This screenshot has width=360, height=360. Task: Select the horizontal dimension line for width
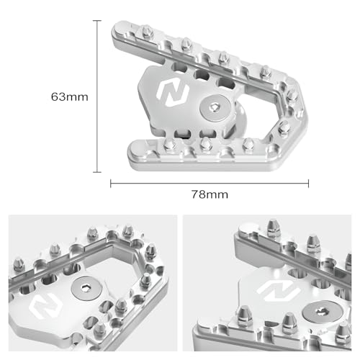tap(216, 183)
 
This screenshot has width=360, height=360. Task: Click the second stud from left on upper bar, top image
tap(186, 45)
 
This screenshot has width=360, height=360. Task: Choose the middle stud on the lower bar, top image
tap(206, 144)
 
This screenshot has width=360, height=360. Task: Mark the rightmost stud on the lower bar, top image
tap(246, 145)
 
